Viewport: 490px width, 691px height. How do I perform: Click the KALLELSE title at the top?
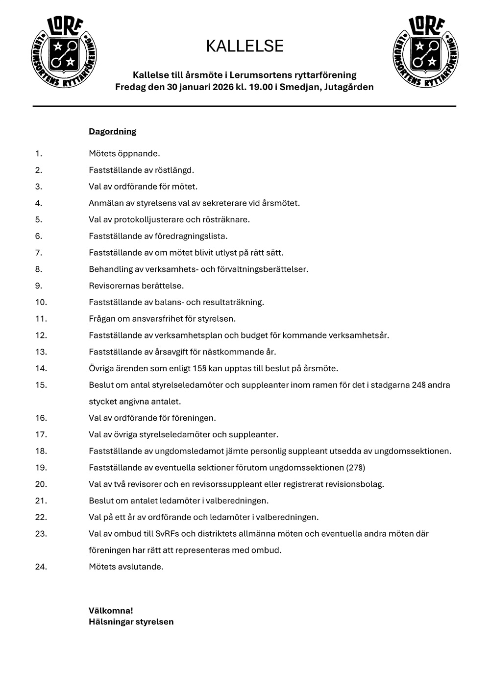pos(245,46)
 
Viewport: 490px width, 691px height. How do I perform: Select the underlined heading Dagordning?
pos(112,132)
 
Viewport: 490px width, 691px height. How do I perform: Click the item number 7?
pos(39,253)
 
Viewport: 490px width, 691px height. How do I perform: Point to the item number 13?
pos(41,352)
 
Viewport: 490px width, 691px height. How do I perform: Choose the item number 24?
pos(41,567)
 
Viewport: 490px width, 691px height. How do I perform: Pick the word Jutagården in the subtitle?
pos(349,87)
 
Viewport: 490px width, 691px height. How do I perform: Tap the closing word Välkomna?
pos(111,611)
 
